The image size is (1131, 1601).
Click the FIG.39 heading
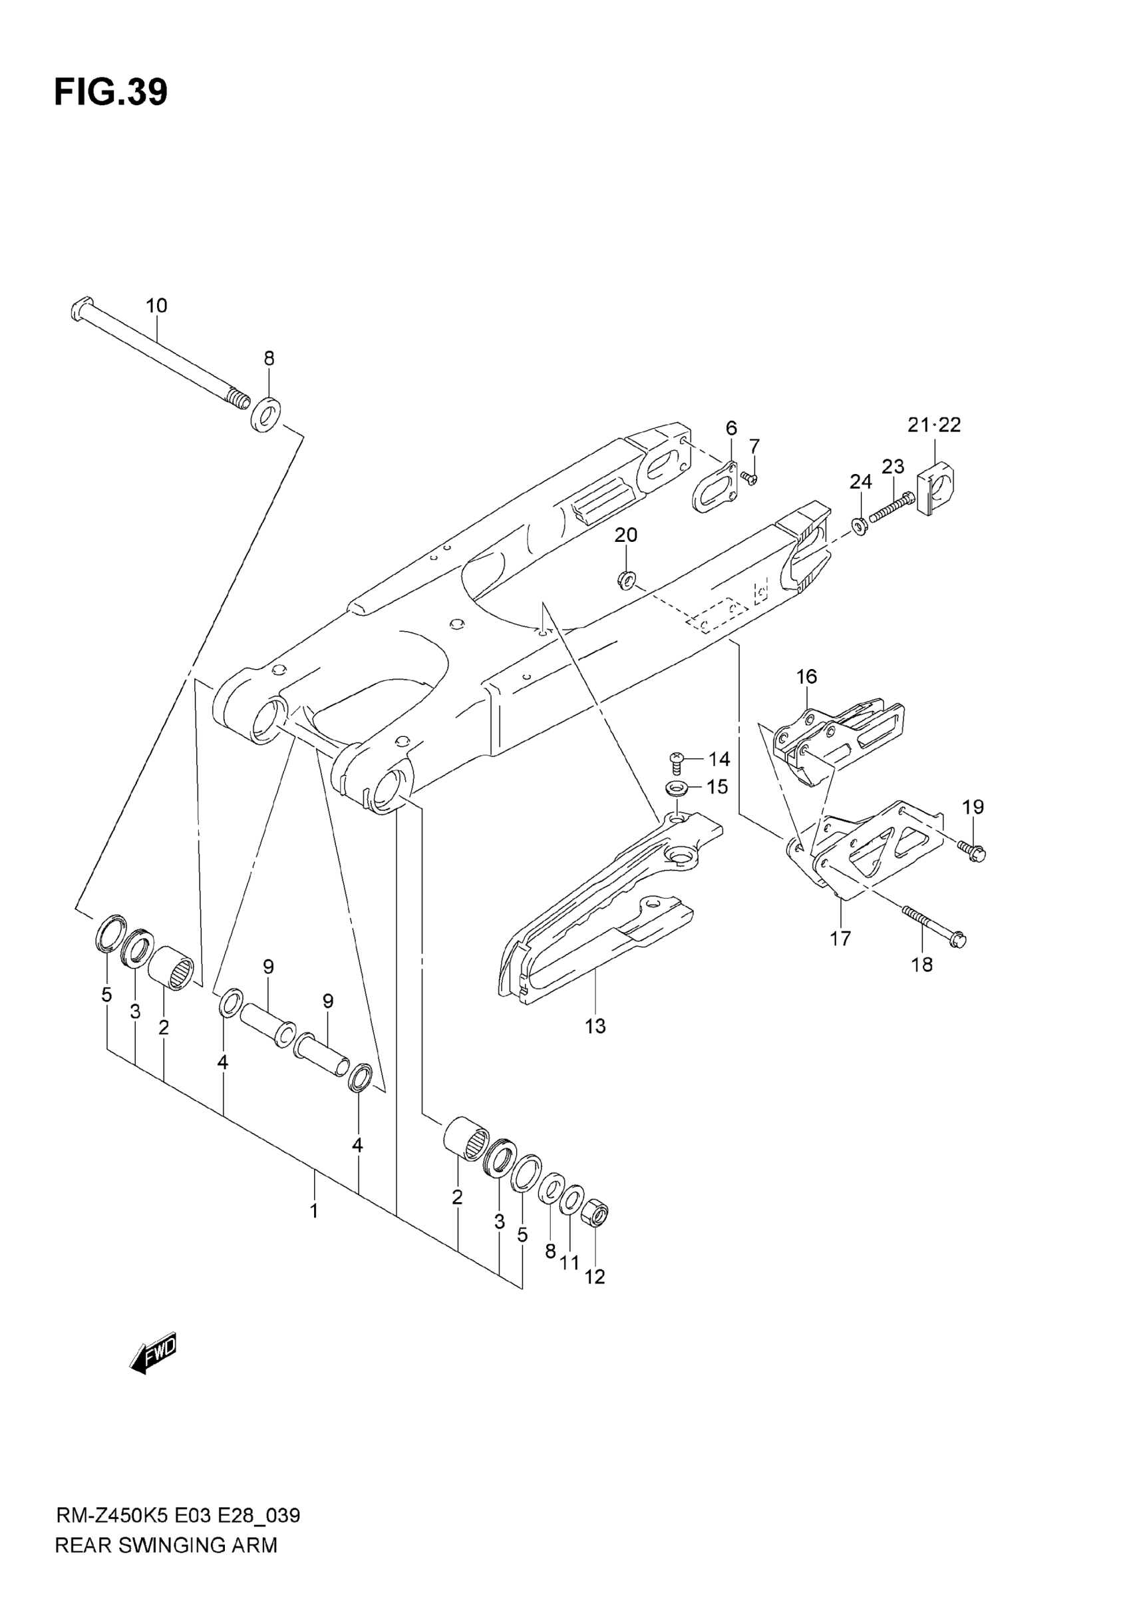111,92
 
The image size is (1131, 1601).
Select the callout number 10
157,306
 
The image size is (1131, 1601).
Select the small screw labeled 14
676,761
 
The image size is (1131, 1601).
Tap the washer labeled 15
675,789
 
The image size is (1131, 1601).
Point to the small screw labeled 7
749,478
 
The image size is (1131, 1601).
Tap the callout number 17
840,938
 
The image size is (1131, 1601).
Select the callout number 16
806,676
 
